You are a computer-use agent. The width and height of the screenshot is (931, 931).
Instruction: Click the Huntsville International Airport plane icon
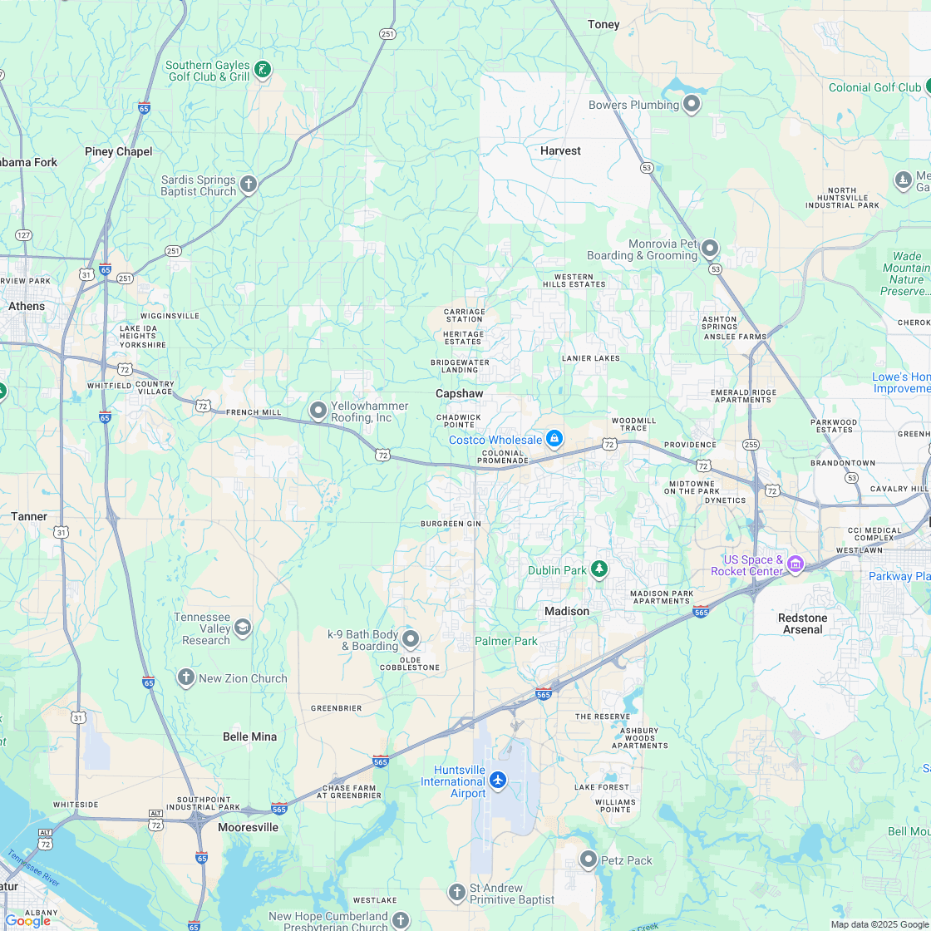coord(497,781)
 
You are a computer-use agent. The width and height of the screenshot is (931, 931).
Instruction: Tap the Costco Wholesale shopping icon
coord(554,439)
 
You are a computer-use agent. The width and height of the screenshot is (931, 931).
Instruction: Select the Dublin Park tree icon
coord(598,569)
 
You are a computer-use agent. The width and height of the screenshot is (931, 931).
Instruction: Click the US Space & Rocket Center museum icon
coord(796,565)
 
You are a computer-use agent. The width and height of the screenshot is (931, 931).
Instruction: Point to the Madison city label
coord(567,611)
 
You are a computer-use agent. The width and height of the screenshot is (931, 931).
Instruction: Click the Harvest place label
coord(560,150)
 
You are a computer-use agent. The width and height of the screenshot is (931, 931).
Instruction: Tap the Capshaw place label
coord(459,393)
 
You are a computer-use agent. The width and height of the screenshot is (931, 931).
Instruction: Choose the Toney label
coord(603,24)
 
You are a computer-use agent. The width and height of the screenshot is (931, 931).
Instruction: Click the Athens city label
coord(27,306)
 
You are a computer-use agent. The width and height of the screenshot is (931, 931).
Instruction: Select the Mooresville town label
coord(248,827)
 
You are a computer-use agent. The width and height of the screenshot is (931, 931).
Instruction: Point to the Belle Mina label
coord(249,736)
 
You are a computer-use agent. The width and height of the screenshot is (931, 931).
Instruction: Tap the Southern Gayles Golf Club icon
coord(262,70)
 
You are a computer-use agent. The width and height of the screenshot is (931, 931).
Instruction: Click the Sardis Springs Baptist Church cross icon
coord(248,184)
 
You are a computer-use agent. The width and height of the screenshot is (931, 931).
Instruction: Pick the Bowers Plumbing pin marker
coord(692,104)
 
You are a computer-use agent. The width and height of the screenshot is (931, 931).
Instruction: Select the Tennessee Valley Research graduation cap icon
coord(242,627)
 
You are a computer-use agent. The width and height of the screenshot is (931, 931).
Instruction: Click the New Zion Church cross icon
coord(186,677)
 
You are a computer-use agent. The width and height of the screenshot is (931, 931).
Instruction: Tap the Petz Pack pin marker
coord(589,860)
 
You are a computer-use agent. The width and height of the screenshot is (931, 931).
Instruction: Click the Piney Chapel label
coord(119,151)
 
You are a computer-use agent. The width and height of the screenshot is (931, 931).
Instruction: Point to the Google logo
coord(28,920)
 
